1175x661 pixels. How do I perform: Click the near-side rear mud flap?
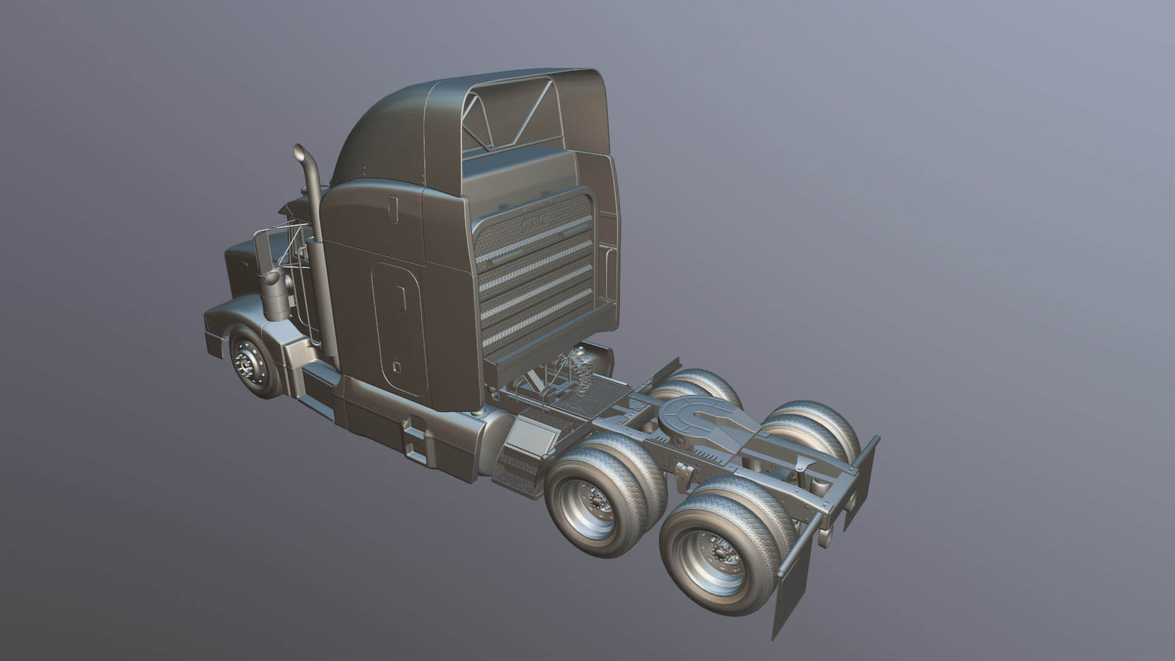[789, 588]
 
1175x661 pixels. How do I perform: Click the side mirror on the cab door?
[262, 255]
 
